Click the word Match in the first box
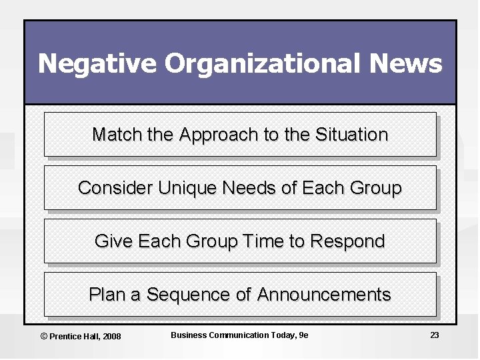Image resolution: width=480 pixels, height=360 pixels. click(117, 135)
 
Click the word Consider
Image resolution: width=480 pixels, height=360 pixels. click(115, 188)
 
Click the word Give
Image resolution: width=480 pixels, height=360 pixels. click(114, 241)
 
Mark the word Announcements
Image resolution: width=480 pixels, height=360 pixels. click(324, 294)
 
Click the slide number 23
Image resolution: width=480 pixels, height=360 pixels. click(435, 335)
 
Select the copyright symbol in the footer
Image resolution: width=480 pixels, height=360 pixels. click(44, 336)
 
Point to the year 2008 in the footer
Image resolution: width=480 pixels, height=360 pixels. click(111, 336)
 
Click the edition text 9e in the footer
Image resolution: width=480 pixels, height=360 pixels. click(303, 335)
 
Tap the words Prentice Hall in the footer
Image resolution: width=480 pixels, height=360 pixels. click(75, 336)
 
